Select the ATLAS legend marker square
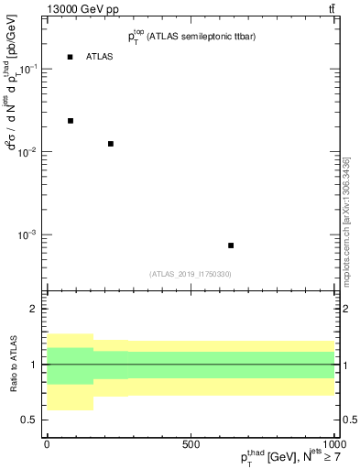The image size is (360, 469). (x=70, y=57)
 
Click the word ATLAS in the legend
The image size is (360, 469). (x=100, y=57)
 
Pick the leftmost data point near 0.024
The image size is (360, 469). (x=70, y=121)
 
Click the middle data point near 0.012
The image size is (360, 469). (x=111, y=144)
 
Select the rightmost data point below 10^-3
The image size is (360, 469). (x=231, y=245)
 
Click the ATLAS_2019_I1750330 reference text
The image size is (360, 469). (x=190, y=274)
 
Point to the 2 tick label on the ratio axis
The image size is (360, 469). (x=34, y=309)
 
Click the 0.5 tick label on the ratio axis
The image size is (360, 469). (x=29, y=420)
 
